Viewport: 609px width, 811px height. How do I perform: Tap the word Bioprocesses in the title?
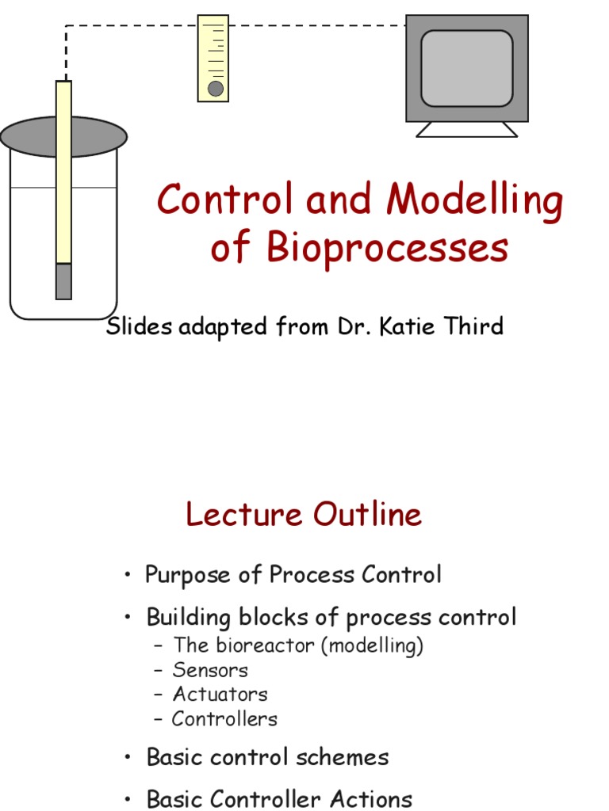click(387, 248)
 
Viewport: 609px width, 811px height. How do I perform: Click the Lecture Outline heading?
click(304, 514)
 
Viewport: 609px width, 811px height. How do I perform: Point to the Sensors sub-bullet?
click(210, 670)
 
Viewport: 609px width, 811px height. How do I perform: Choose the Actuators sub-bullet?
click(220, 695)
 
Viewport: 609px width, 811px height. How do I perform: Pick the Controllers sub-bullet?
click(224, 719)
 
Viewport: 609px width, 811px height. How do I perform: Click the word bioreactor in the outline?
click(265, 645)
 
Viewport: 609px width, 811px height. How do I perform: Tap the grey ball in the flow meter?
click(216, 89)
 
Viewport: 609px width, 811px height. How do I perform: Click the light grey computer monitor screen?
click(466, 68)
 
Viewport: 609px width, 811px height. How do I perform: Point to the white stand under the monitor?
click(466, 130)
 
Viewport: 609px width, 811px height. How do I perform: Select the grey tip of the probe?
click(63, 281)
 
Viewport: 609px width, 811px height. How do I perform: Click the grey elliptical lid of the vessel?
click(63, 136)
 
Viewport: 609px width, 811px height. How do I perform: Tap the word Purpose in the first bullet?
click(187, 576)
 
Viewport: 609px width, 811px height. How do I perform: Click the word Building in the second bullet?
click(189, 618)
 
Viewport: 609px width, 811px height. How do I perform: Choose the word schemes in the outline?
click(343, 758)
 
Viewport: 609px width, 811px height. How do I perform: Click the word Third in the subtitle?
click(474, 326)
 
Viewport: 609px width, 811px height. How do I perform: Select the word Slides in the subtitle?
click(139, 326)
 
